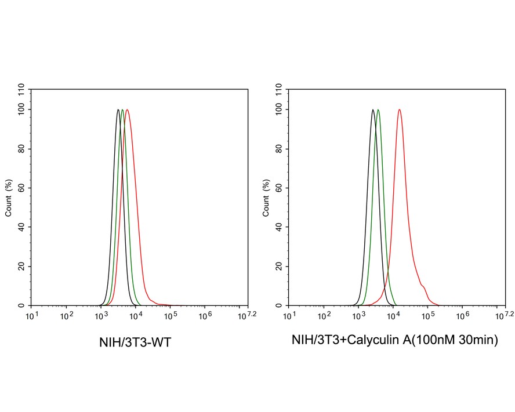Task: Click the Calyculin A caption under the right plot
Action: pyautogui.click(x=395, y=341)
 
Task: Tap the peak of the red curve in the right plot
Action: pyautogui.click(x=399, y=110)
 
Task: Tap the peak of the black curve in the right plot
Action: pyautogui.click(x=372, y=110)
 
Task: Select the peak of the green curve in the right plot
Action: pyautogui.click(x=378, y=110)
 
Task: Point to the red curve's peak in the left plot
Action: pyautogui.click(x=127, y=110)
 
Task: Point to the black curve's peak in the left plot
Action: pyautogui.click(x=118, y=110)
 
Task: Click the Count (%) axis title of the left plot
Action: pyautogui.click(x=9, y=198)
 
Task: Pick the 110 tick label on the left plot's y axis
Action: pyautogui.click(x=21, y=90)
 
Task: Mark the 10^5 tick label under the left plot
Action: pyautogui.click(x=171, y=316)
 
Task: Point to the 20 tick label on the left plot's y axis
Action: pyautogui.click(x=21, y=267)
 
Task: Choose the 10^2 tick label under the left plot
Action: pyautogui.click(x=67, y=316)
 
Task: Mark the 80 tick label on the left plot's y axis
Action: pyautogui.click(x=21, y=148)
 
